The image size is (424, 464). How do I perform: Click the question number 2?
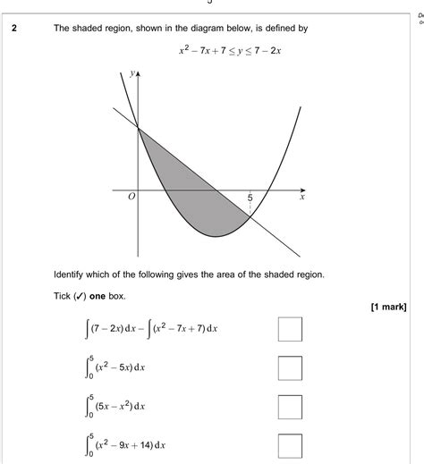click(14, 29)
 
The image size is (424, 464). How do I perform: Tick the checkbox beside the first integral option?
click(290, 329)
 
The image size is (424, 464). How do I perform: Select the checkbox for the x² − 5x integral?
click(290, 368)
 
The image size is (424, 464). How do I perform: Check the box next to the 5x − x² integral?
click(290, 407)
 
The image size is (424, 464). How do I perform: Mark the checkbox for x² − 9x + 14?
click(290, 445)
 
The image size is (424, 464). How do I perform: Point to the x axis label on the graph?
click(301, 199)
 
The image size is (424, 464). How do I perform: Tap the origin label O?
click(131, 198)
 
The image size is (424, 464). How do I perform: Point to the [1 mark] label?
click(388, 308)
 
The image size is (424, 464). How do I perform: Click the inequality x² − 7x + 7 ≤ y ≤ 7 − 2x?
click(231, 50)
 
